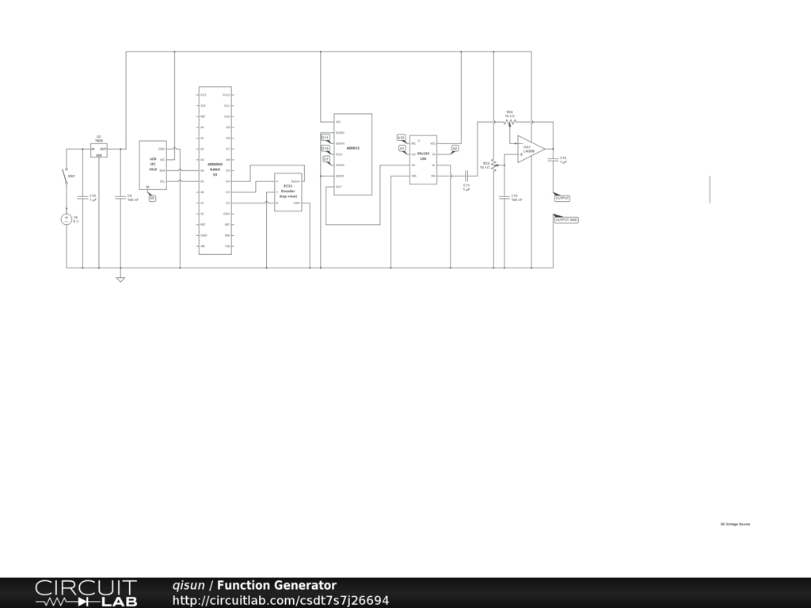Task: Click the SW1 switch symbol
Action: pyautogui.click(x=67, y=175)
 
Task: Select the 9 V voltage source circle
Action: pyautogui.click(x=67, y=219)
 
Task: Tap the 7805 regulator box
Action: pyautogui.click(x=99, y=150)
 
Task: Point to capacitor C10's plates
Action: pyautogui.click(x=82, y=197)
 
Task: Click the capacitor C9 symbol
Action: pyautogui.click(x=120, y=197)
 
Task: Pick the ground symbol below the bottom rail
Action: pyautogui.click(x=120, y=279)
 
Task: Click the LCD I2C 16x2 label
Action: pyautogui.click(x=153, y=165)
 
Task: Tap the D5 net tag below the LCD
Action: pyautogui.click(x=152, y=198)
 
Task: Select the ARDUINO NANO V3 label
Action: pyautogui.click(x=215, y=169)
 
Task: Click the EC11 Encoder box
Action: pyautogui.click(x=288, y=192)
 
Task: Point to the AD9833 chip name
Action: pyautogui.click(x=352, y=148)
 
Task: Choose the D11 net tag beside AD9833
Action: pyautogui.click(x=326, y=137)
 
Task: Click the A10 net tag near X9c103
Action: pyautogui.click(x=402, y=138)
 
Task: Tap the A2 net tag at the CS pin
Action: pyautogui.click(x=455, y=148)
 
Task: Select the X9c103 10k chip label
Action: pyautogui.click(x=423, y=156)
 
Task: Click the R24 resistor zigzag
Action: pyautogui.click(x=509, y=122)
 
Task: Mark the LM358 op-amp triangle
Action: pyautogui.click(x=530, y=149)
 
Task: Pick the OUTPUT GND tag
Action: pyautogui.click(x=566, y=220)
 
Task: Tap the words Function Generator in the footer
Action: pyautogui.click(x=276, y=586)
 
